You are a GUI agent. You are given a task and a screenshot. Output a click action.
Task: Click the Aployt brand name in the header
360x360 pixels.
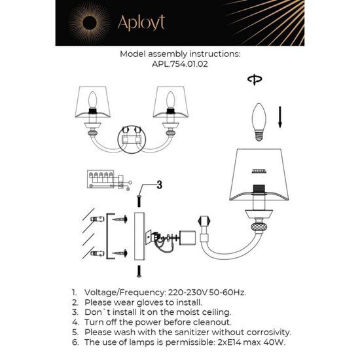click(x=140, y=22)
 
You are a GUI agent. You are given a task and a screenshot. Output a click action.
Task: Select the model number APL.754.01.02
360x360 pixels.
click(x=180, y=65)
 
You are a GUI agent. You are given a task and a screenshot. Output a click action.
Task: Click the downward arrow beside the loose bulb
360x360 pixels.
click(x=280, y=118)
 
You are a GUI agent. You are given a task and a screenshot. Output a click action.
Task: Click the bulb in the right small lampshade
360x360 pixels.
click(x=171, y=100)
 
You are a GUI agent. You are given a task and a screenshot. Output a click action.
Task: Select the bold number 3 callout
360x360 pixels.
click(x=158, y=185)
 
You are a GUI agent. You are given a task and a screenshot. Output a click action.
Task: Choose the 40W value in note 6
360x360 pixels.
click(x=279, y=342)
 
